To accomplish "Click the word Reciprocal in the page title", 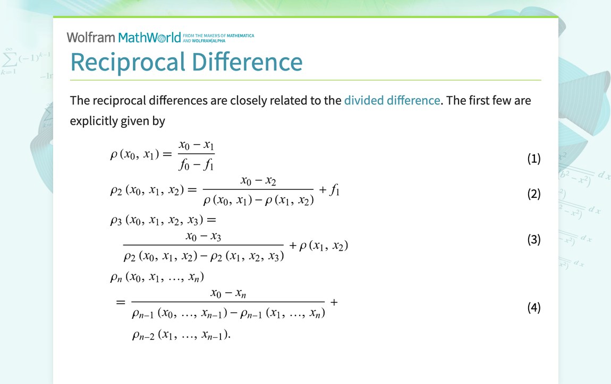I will point(128,62).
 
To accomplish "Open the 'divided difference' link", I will point(392,100).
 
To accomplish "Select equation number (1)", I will point(533,159).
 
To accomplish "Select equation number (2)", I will point(533,194).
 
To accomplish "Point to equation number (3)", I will point(533,240).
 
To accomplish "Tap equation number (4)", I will point(533,308).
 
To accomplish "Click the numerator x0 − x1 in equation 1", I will point(196,145).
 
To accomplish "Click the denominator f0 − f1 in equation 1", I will point(196,165).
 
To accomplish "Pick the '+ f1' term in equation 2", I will point(329,190).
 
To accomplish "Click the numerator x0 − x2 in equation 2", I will point(258,181).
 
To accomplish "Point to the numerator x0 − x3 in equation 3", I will point(203,236).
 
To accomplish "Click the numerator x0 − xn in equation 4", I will point(228,293).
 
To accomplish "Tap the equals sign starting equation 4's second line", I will point(121,303).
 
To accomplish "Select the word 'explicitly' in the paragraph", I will point(94,121).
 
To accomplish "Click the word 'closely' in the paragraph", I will point(248,100).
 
